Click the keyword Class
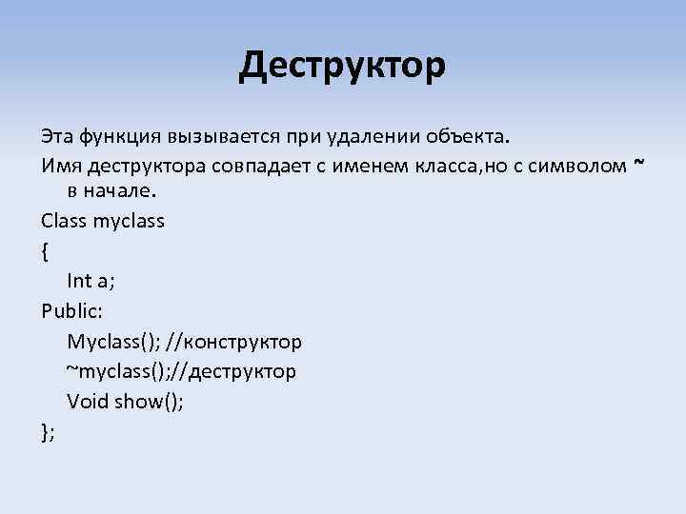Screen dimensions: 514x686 click(x=64, y=221)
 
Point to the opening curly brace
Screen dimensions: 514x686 click(x=46, y=251)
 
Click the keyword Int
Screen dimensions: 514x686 click(x=79, y=281)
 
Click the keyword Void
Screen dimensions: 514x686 click(x=88, y=401)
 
